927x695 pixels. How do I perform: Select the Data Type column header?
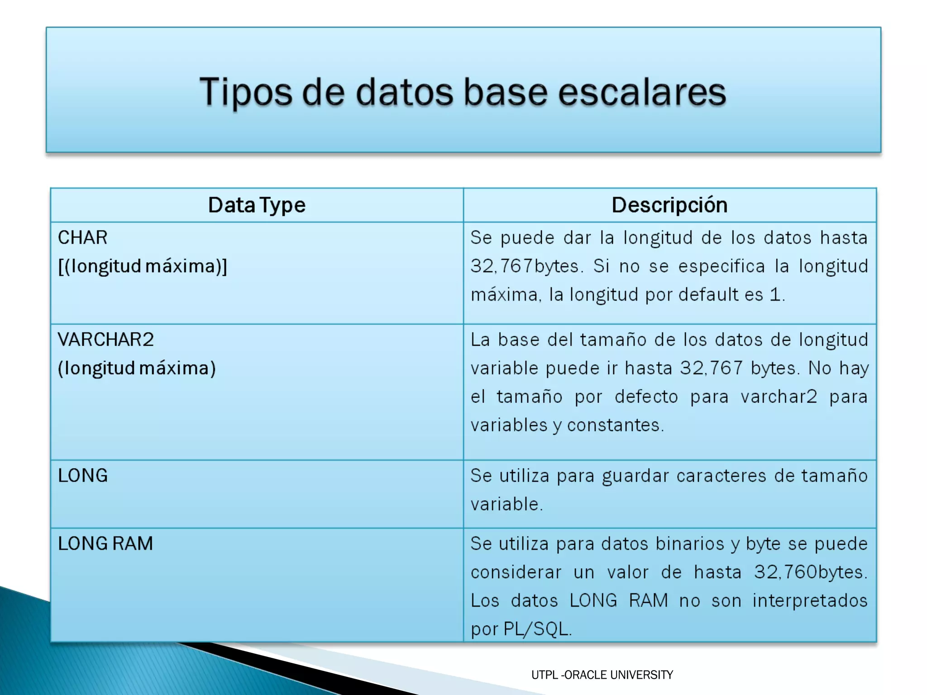pos(257,205)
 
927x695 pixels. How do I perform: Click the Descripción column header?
pos(669,205)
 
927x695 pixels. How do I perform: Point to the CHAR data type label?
pos(83,238)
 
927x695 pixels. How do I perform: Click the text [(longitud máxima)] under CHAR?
pos(143,266)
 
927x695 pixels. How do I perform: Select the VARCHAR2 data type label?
pos(106,339)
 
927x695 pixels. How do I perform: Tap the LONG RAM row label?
pos(105,543)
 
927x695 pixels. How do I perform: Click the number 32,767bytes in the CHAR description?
pos(525,266)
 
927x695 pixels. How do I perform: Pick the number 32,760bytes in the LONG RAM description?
pos(810,572)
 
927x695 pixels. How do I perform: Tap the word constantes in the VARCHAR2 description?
pos(615,425)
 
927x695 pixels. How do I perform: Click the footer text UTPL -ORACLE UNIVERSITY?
pos(602,675)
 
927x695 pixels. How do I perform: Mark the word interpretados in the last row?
pos(810,601)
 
